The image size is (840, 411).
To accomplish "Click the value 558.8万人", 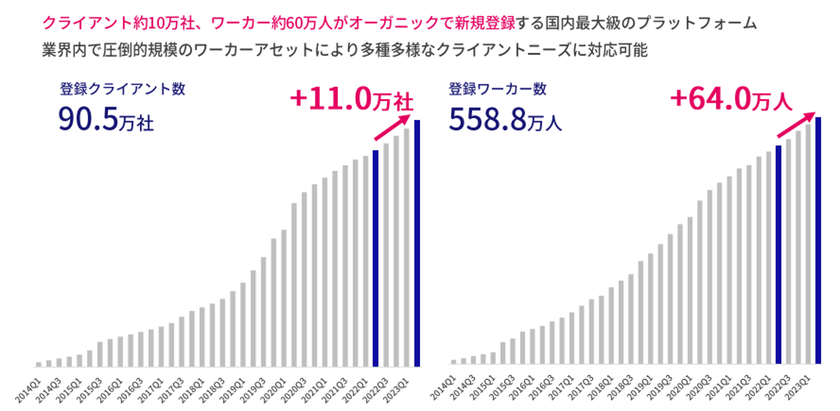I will coord(505,119).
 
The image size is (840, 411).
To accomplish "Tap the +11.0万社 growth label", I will coord(351,99).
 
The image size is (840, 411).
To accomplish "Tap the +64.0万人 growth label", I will coord(730,100).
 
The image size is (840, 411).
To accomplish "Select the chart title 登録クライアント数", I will coord(122,89).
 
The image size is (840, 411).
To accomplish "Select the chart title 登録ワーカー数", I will coord(497,89).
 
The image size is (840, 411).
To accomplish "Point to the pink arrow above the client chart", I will coord(392,127).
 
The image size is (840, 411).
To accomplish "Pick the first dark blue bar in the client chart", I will coord(376,258).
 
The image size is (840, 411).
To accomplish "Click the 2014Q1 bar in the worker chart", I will coord(453,361).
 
